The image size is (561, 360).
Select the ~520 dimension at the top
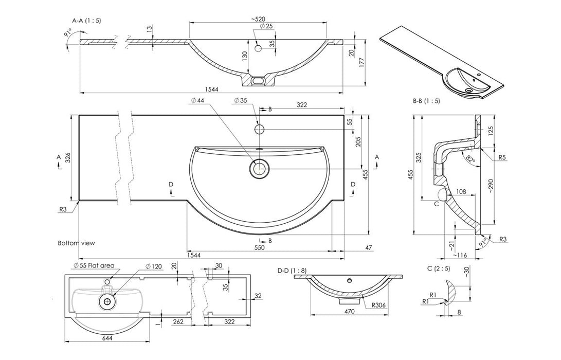tap(259, 19)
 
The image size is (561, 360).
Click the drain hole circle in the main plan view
tap(260, 168)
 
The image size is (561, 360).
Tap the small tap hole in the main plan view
tap(260, 128)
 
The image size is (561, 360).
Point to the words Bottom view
tap(76, 243)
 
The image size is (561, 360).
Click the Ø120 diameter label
tap(154, 266)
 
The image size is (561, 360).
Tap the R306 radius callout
tap(379, 304)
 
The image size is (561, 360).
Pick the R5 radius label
tap(503, 158)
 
